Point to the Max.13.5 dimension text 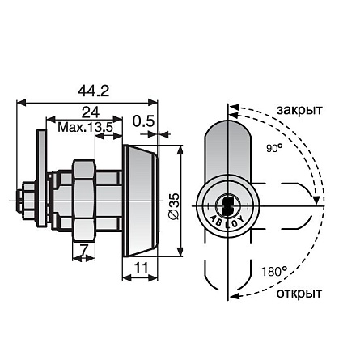pos(85,127)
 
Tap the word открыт pos(299,292)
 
